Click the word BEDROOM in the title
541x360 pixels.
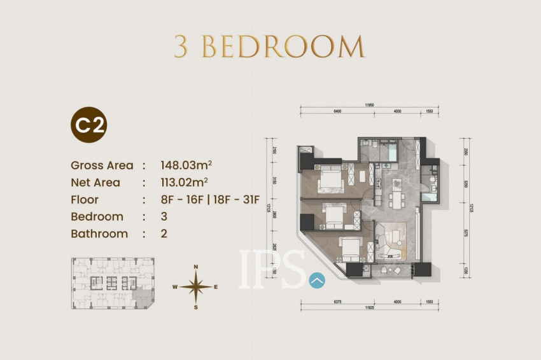tap(283, 48)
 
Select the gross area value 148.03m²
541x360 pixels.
tap(186, 165)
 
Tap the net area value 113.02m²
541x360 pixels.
tap(185, 183)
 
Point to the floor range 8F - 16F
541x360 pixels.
tap(183, 200)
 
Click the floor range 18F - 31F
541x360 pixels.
tap(235, 200)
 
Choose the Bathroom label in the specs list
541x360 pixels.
tap(99, 233)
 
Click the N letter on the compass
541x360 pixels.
tap(196, 267)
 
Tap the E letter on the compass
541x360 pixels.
tap(216, 287)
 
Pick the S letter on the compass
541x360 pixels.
tap(196, 307)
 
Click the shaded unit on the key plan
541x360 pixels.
tap(146, 296)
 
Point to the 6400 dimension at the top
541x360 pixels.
tap(337, 111)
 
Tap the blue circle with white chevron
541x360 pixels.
tap(316, 279)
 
